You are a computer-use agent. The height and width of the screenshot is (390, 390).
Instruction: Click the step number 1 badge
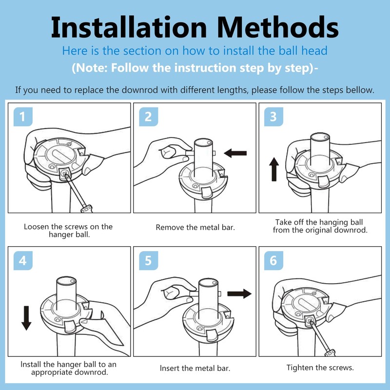coord(21,117)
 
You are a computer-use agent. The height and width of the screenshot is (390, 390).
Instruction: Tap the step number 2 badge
coord(148,117)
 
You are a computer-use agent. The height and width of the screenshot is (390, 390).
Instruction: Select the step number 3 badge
coord(273,117)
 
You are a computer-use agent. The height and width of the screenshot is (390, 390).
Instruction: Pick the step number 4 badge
coord(21,261)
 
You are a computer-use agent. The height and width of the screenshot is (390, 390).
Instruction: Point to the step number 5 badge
coord(148,261)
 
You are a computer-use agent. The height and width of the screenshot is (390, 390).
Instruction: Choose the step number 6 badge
coord(273,261)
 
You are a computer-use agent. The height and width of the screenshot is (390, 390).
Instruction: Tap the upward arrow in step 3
coord(274,169)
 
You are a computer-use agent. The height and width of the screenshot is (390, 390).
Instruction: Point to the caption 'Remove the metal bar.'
coord(195,227)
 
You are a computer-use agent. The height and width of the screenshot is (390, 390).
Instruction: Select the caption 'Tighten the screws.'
coord(320,368)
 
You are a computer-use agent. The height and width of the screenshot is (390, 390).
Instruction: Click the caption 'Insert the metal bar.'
coord(195,369)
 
